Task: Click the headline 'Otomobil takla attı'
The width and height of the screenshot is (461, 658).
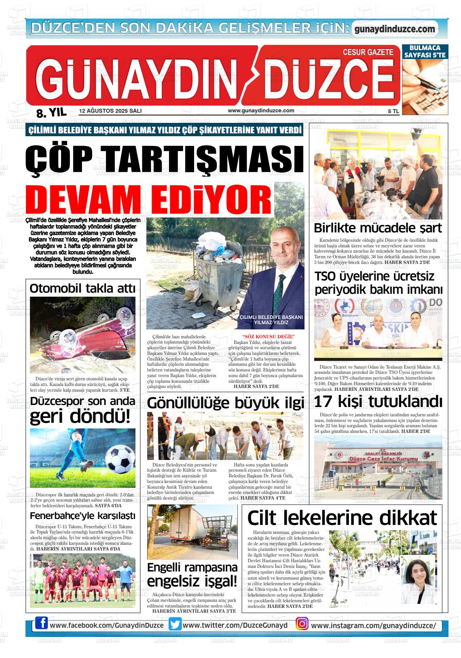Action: click(82, 289)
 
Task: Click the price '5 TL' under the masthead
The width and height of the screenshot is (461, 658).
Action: click(393, 112)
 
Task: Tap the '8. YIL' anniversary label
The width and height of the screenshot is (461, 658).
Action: click(51, 112)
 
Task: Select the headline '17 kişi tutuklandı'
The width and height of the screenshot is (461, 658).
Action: click(378, 402)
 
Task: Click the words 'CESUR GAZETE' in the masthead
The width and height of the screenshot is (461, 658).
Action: click(368, 52)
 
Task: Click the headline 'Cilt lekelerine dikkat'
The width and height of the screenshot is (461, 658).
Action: click(342, 518)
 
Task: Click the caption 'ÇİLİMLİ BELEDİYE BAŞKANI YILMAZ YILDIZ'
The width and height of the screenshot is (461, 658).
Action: click(271, 320)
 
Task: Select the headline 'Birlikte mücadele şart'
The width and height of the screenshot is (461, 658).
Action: click(378, 228)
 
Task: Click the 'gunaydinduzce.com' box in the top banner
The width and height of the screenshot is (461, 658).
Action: click(394, 29)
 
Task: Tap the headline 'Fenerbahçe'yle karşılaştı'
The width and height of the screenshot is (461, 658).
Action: click(82, 516)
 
